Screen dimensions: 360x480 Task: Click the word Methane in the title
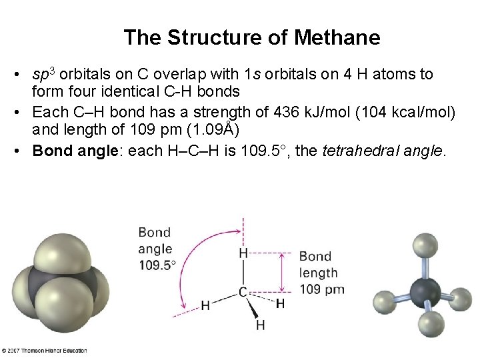pos(340,38)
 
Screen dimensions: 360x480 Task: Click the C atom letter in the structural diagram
pos(243,292)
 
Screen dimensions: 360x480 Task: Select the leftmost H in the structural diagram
pos(205,306)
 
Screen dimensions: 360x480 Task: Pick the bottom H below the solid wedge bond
pos(260,325)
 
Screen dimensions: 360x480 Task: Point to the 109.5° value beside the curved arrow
pos(157,265)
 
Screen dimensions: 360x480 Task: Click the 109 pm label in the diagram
pos(322,289)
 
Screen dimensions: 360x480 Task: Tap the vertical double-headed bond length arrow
pos(285,272)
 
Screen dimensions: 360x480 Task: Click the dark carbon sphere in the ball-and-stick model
pos(425,293)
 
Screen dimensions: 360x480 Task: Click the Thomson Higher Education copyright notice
pos(44,351)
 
